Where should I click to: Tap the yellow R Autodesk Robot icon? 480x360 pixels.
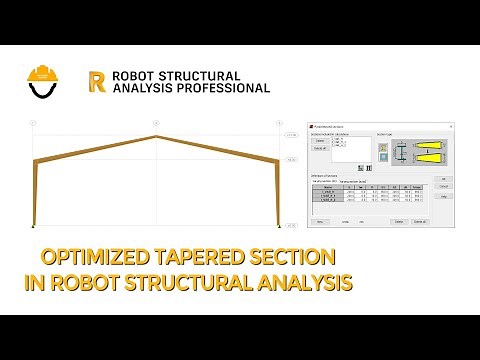(97, 81)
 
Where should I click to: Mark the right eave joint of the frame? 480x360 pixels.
(277, 160)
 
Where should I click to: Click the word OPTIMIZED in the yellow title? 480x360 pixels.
(101, 258)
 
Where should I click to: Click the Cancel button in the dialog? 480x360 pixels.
(443, 187)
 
